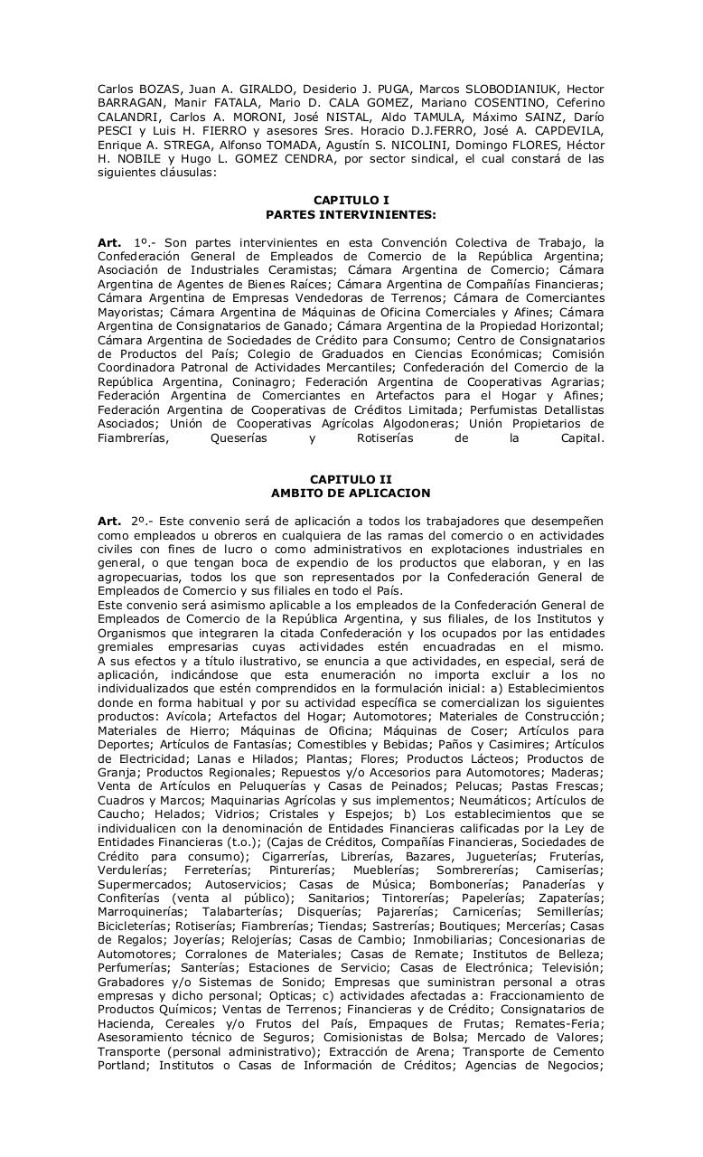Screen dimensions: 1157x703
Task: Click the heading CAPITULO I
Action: pyautogui.click(x=351, y=200)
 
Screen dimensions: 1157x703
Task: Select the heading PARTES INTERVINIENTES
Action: pyautogui.click(x=351, y=214)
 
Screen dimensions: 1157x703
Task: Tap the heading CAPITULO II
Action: pyautogui.click(x=351, y=479)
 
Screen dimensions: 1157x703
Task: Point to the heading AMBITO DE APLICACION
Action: pyautogui.click(x=351, y=494)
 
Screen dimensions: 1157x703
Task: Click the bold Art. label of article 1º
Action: pyautogui.click(x=109, y=242)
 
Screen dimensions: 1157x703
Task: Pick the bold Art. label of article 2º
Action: pyautogui.click(x=109, y=522)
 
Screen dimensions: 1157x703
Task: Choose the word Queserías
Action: pyautogui.click(x=238, y=438)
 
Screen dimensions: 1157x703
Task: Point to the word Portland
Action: pyautogui.click(x=123, y=1066)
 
